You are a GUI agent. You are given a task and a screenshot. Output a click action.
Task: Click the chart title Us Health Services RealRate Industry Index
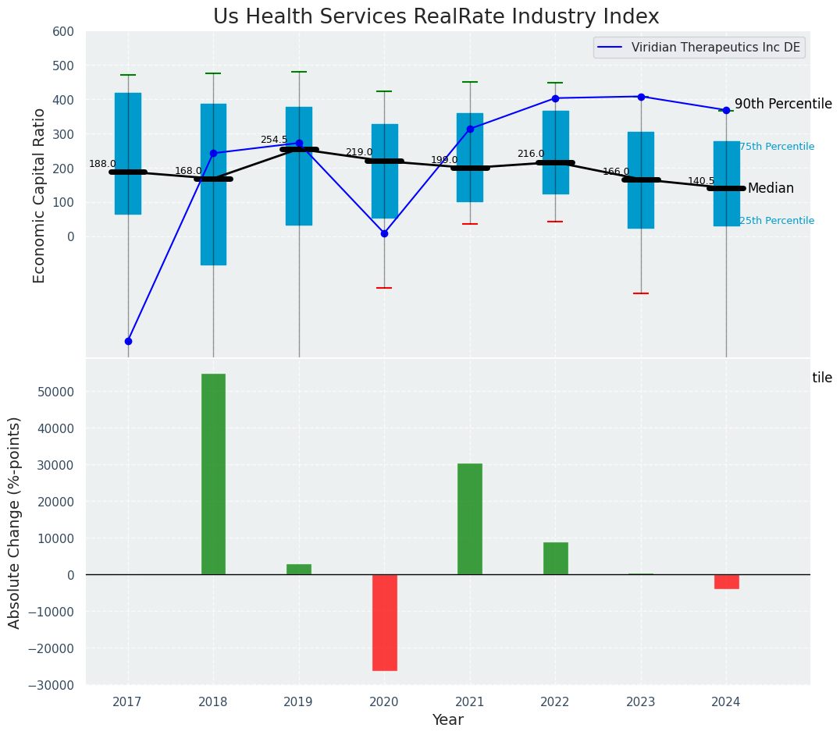click(436, 17)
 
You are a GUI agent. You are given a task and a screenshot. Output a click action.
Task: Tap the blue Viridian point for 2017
click(128, 341)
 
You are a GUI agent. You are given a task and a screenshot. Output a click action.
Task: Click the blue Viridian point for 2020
click(384, 233)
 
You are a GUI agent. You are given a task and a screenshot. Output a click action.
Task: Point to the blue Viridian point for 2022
click(555, 98)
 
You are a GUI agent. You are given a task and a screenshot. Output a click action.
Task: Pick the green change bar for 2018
click(213, 474)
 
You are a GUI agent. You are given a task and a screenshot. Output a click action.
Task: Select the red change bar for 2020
click(384, 623)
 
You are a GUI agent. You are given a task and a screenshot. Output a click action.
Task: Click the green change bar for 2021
click(469, 519)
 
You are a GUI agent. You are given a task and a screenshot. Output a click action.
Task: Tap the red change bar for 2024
click(726, 581)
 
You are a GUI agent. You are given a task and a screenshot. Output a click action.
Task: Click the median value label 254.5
click(274, 140)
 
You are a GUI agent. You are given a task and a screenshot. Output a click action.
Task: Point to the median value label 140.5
click(701, 181)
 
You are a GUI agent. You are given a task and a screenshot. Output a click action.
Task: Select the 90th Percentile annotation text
click(783, 105)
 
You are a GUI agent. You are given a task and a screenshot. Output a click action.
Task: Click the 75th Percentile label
click(776, 147)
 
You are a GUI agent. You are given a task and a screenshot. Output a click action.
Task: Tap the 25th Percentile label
click(776, 221)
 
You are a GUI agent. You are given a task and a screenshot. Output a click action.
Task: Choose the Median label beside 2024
click(771, 189)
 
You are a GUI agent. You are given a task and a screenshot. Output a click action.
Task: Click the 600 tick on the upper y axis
click(64, 32)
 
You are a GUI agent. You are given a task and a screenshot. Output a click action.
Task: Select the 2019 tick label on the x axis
click(298, 702)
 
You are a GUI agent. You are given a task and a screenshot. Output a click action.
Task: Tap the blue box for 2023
click(641, 180)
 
